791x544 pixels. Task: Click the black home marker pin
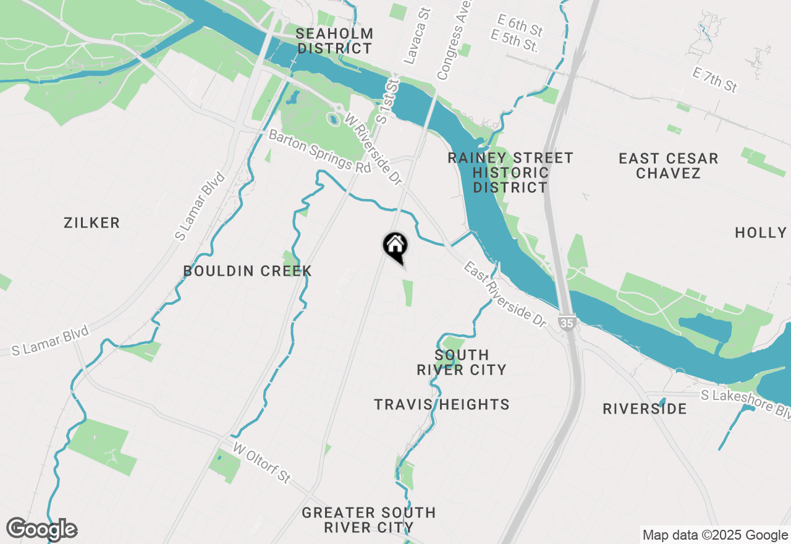click(395, 247)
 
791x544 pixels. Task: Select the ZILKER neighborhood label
click(92, 223)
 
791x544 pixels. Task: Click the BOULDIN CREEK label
click(247, 271)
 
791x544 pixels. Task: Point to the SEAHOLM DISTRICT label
click(334, 41)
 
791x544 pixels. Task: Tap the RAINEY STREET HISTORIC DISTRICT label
click(510, 172)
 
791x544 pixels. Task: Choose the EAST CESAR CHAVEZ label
click(668, 166)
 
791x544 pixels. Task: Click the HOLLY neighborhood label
click(760, 232)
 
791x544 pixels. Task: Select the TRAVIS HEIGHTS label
click(442, 404)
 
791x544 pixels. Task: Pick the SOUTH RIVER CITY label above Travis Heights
click(462, 362)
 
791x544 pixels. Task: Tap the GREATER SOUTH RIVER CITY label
click(369, 520)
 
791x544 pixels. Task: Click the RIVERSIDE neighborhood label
click(645, 409)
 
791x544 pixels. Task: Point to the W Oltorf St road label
click(261, 467)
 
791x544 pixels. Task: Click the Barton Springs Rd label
click(320, 151)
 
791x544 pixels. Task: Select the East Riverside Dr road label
click(505, 294)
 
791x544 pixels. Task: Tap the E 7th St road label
click(715, 81)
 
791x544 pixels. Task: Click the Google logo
click(41, 529)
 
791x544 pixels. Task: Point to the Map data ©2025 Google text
click(714, 535)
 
